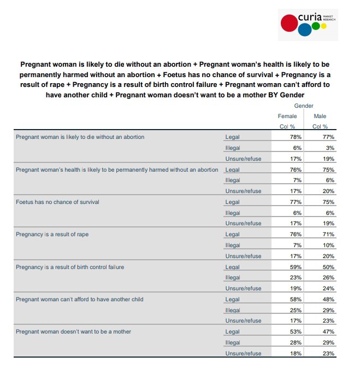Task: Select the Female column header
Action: pos(287,116)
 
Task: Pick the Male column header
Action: pos(320,116)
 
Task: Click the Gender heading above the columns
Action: pos(304,106)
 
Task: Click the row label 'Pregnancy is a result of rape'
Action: pos(52,234)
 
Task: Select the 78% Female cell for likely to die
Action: pos(296,137)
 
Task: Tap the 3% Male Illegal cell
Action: pos(329,148)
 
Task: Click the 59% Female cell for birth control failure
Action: pos(296,267)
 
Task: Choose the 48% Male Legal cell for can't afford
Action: pos(328,299)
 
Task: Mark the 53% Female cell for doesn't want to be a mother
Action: pos(296,331)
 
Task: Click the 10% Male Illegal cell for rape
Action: pos(328,245)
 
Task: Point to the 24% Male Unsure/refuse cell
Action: pos(328,288)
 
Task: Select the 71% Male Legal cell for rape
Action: pos(328,234)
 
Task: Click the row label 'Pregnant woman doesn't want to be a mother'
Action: pos(73,331)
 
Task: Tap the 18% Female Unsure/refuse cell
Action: pos(296,353)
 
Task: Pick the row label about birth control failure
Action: pos(70,267)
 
